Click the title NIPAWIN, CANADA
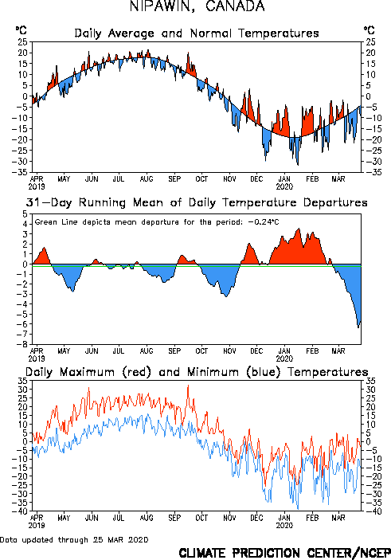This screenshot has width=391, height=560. click(x=197, y=6)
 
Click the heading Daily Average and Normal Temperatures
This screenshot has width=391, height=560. click(x=197, y=33)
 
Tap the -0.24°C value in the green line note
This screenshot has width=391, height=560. click(x=263, y=222)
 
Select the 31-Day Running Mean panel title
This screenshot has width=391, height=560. click(x=197, y=202)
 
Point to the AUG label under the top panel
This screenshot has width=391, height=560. click(x=147, y=178)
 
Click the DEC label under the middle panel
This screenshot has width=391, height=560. click(x=256, y=350)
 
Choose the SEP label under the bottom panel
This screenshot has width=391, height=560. click(x=174, y=518)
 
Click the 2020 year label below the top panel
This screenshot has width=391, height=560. click(x=284, y=186)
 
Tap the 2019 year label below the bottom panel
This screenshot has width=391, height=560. click(x=37, y=526)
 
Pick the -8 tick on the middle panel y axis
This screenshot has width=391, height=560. click(x=24, y=344)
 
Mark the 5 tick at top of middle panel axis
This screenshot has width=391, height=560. click(x=25, y=214)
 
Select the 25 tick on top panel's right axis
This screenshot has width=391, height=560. click(x=370, y=42)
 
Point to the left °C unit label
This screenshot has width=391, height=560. click(x=21, y=30)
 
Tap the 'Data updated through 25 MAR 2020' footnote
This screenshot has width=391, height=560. click(x=74, y=539)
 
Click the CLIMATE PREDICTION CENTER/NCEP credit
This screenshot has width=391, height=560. click(x=284, y=553)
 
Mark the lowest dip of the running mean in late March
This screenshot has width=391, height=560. click(x=358, y=327)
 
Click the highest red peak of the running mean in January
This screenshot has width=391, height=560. click(x=299, y=229)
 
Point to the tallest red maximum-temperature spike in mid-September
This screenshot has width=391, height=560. click(x=188, y=386)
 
